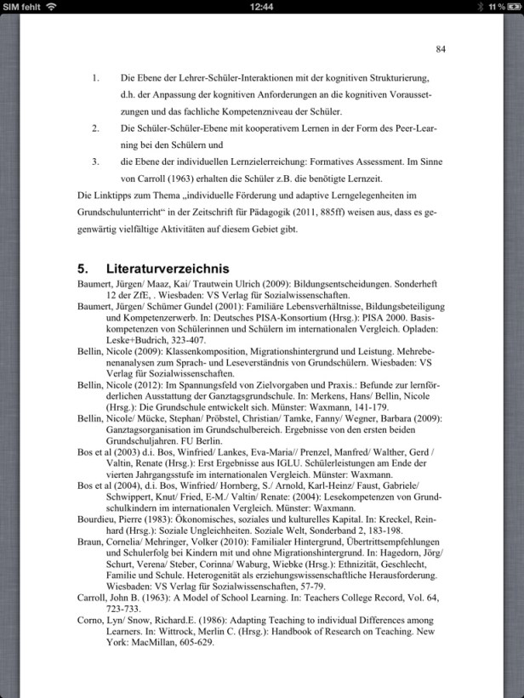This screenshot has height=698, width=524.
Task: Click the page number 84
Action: click(x=441, y=48)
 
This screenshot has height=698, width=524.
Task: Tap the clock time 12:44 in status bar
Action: click(x=262, y=7)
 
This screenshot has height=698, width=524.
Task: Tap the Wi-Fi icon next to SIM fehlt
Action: click(x=53, y=7)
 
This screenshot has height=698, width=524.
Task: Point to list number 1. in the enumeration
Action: click(x=96, y=78)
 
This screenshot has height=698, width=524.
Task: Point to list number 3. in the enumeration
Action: click(x=96, y=162)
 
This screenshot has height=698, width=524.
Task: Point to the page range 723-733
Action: click(x=128, y=610)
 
